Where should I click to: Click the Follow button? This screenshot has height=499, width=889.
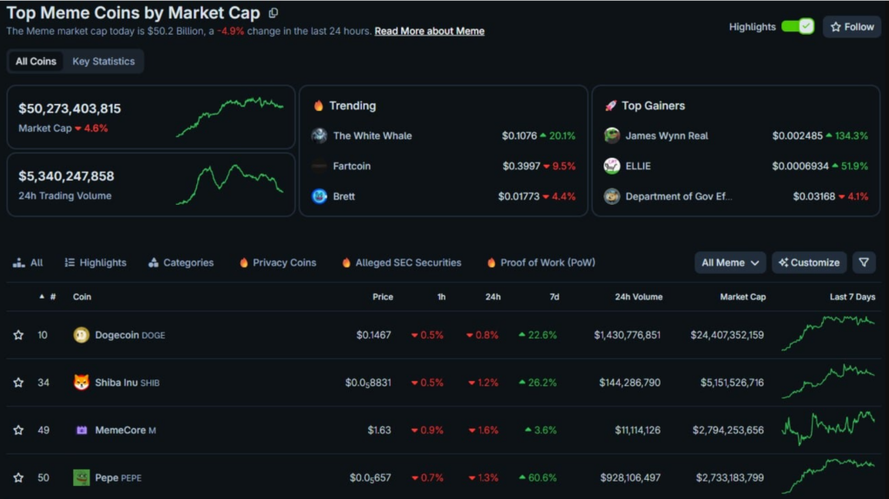point(852,27)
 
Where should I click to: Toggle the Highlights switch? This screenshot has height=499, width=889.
point(797,27)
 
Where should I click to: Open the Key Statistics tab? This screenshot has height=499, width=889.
point(103,62)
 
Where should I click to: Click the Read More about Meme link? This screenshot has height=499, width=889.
point(429,31)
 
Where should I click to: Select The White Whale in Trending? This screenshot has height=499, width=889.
point(372,135)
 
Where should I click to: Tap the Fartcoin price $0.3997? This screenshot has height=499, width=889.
point(521,166)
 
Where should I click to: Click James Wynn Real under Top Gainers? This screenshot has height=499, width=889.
point(666,135)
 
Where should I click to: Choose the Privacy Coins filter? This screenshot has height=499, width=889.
point(284,263)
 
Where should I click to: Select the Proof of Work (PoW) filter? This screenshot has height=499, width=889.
point(547,263)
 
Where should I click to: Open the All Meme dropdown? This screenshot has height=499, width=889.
point(730,263)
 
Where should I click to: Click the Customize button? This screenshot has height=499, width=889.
point(809,263)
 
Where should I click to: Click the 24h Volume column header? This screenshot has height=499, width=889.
point(638,297)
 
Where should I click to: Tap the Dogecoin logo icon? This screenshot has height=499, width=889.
point(82,335)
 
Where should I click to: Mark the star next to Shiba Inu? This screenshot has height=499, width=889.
point(18,383)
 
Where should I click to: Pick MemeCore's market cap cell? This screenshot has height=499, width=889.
point(728,430)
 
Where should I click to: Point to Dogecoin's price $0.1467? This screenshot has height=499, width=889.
point(374,335)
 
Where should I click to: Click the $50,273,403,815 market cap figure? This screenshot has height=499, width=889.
point(69,108)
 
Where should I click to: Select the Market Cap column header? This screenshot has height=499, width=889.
point(742,297)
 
